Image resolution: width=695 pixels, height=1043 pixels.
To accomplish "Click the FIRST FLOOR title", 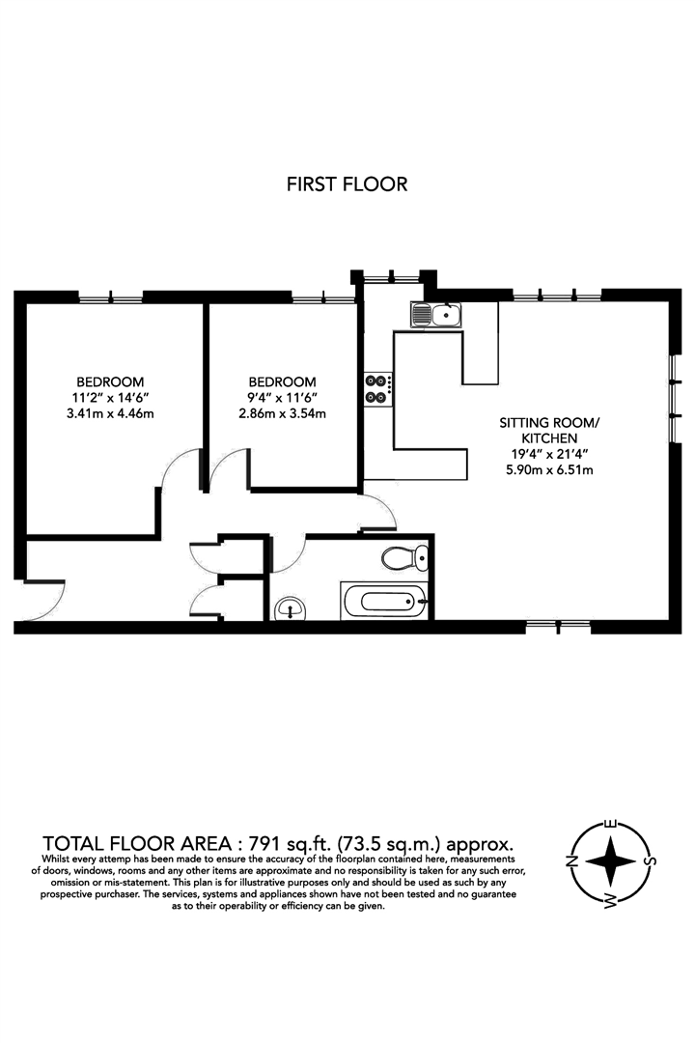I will tap(347, 183).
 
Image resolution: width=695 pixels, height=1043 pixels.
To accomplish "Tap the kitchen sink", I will tap(435, 314).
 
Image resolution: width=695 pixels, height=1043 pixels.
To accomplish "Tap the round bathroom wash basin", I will tap(291, 608).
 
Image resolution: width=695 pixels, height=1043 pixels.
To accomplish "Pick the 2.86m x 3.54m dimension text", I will tap(282, 414).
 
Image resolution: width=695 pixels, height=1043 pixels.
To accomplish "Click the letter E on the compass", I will tap(610, 824).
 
